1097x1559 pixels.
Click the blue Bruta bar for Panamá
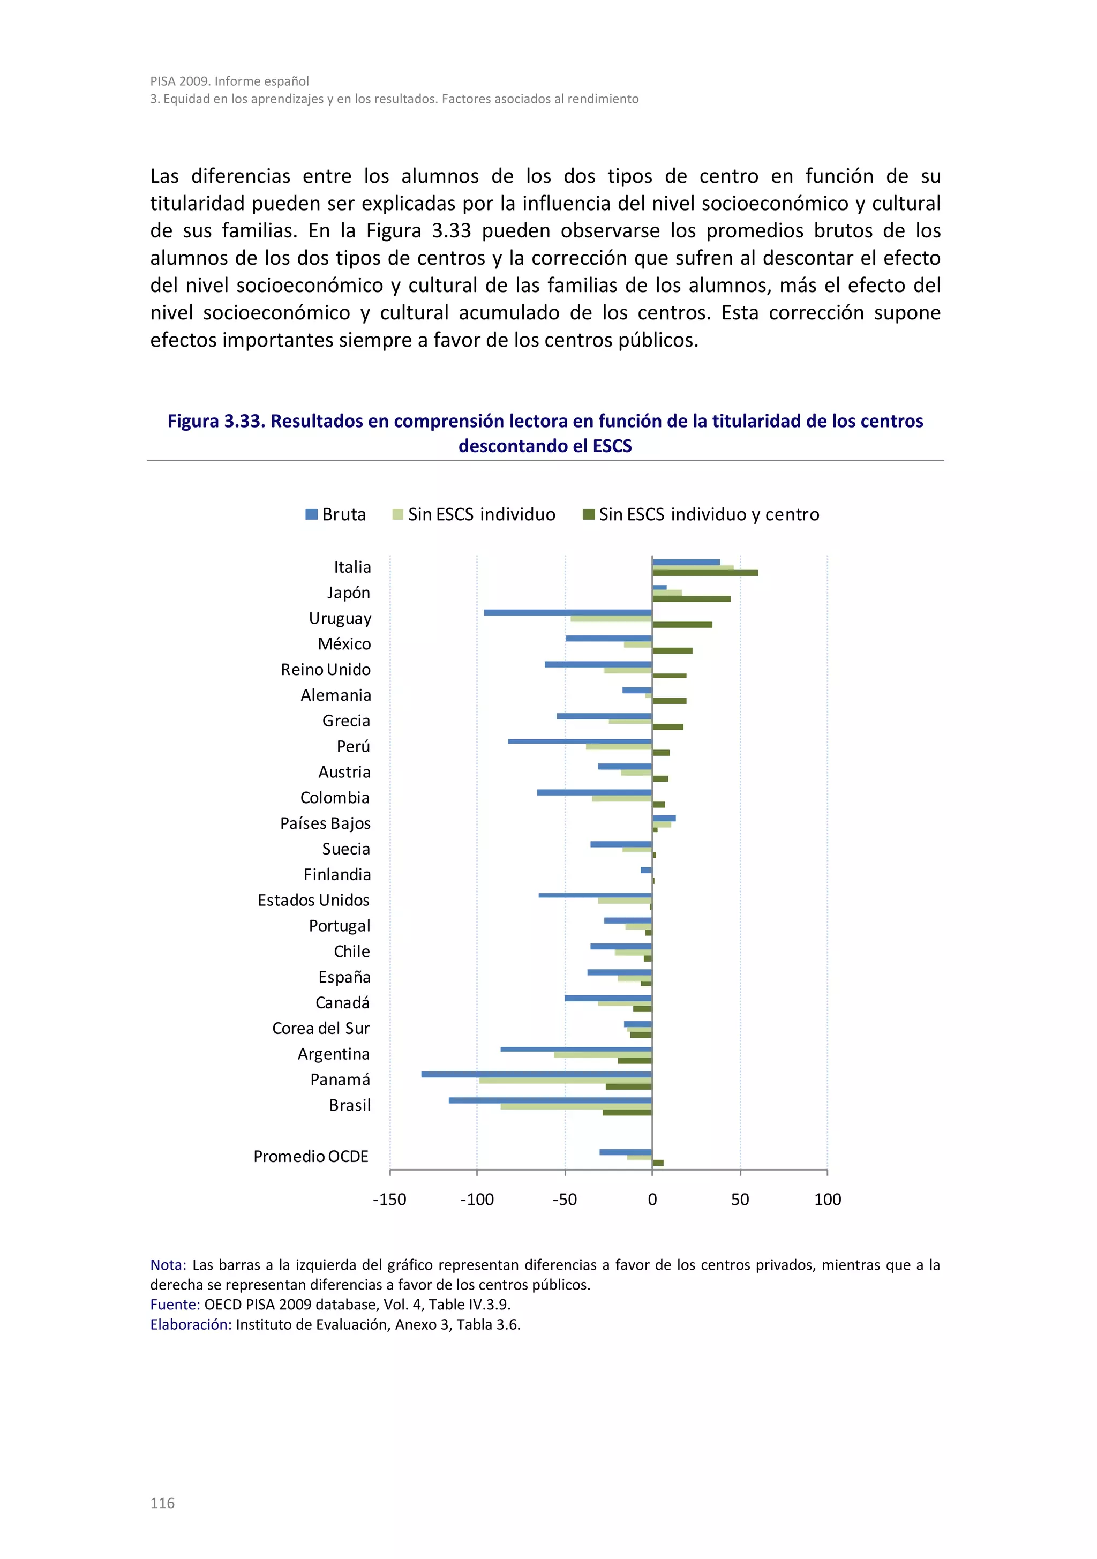coord(536,1074)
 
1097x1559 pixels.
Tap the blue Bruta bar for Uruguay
coord(567,612)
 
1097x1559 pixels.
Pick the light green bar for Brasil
coord(576,1106)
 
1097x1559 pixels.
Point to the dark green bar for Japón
coord(691,599)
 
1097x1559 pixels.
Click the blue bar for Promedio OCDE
coord(625,1152)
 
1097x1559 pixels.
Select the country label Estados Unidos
coord(314,901)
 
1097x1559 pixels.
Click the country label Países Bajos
coord(325,823)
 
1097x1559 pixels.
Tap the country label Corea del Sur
coord(320,1029)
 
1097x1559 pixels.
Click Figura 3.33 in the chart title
coord(214,422)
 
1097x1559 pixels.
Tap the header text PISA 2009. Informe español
coord(229,81)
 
